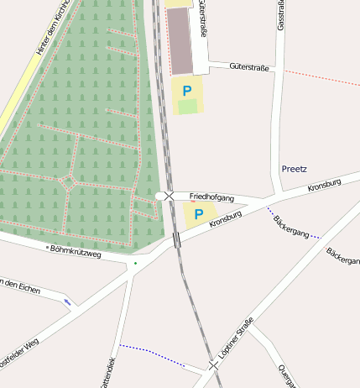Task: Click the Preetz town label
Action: pos(294,169)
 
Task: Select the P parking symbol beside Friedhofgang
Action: pos(198,214)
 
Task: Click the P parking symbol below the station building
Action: pos(187,90)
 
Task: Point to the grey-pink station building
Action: pos(180,41)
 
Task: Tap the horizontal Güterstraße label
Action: pos(248,67)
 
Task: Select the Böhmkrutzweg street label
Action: pos(76,250)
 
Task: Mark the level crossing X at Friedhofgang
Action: pos(170,196)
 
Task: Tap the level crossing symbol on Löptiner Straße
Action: pos(214,365)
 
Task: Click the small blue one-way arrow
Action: pos(67,301)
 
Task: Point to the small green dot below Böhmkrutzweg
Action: pos(135,264)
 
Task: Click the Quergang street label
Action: pos(286,375)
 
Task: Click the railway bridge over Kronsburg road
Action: pos(176,240)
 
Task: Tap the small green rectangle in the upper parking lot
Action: pos(188,107)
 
